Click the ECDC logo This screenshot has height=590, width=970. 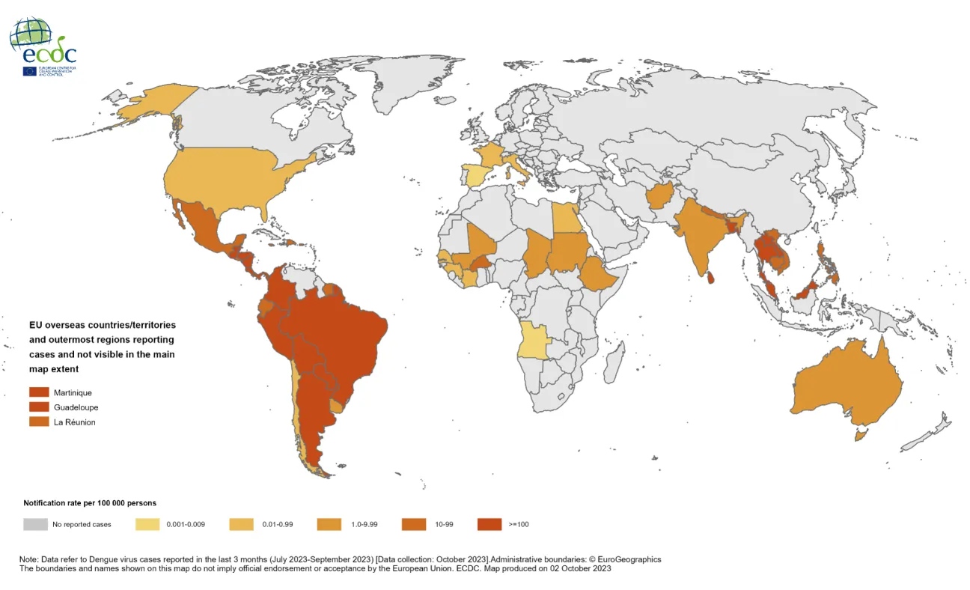pos(43,46)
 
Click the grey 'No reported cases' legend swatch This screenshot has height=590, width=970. pos(34,524)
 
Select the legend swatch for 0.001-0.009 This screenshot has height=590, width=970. pos(147,524)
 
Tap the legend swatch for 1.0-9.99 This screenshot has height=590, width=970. pos(329,524)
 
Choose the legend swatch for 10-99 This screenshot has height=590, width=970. pos(413,524)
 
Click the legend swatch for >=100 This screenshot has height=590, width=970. pos(489,524)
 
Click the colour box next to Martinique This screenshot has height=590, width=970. pos(39,392)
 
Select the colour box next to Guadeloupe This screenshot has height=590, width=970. pos(39,407)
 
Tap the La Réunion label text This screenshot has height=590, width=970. pos(74,422)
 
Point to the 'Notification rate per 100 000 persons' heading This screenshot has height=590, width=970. pos(90,503)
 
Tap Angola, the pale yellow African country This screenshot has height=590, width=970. pos(534,341)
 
